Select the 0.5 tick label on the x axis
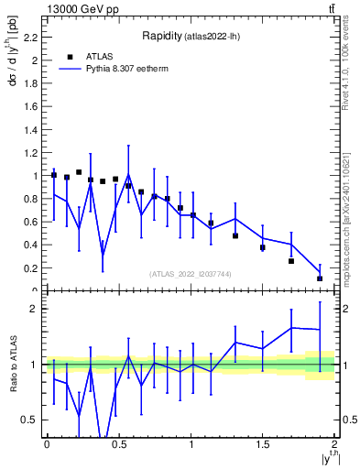(x=118, y=445)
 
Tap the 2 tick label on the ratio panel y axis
(x=35, y=309)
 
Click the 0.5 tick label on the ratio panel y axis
(x=31, y=420)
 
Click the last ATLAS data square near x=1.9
(x=320, y=278)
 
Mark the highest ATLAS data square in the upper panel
(x=79, y=172)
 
